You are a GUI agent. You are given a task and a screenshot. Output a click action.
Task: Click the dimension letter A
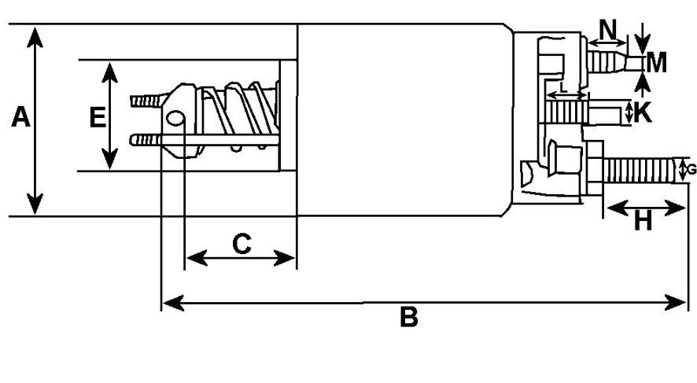click(x=21, y=117)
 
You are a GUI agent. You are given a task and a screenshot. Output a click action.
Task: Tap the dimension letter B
click(x=409, y=317)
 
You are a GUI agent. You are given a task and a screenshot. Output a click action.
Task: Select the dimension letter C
click(x=242, y=244)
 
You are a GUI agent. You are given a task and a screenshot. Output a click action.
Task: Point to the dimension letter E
click(x=98, y=117)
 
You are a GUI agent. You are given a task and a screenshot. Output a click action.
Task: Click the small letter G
click(x=691, y=170)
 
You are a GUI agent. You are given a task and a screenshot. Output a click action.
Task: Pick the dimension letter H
click(x=643, y=220)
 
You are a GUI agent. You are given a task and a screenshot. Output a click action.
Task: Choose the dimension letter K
click(x=643, y=112)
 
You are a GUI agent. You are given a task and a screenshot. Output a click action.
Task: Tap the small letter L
click(x=563, y=87)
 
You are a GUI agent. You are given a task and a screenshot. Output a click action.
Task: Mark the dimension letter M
click(x=657, y=63)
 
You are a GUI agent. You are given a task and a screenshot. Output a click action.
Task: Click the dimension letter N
click(x=608, y=30)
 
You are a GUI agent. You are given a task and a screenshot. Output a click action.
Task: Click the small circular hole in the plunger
click(x=175, y=118)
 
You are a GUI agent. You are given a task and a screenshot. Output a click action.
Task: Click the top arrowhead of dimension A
click(x=35, y=37)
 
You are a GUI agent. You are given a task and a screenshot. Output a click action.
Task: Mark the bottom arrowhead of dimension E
click(x=109, y=159)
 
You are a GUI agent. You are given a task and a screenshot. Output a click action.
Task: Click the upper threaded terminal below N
click(x=616, y=61)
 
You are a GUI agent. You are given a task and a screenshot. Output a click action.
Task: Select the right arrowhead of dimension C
click(x=284, y=258)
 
